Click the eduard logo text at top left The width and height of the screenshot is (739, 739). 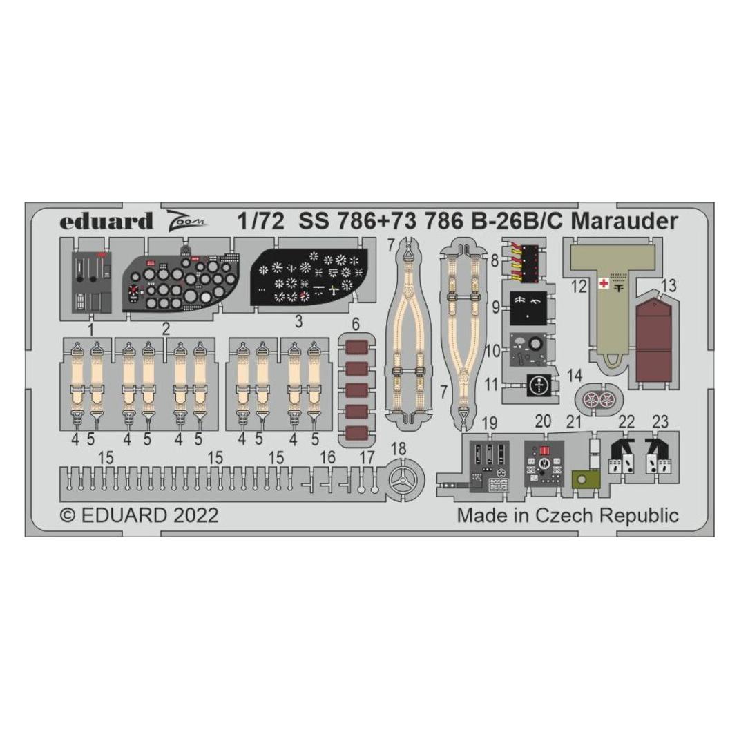tap(106, 222)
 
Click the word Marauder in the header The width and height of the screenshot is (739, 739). tap(624, 221)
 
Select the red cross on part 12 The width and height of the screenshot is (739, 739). tap(602, 284)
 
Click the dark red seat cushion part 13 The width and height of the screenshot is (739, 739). tap(653, 340)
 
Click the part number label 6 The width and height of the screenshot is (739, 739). tap(356, 323)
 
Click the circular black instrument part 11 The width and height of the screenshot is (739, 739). tap(537, 386)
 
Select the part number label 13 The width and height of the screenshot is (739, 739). tap(669, 285)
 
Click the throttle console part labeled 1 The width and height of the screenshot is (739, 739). tap(91, 282)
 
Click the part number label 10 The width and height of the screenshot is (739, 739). tap(492, 351)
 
